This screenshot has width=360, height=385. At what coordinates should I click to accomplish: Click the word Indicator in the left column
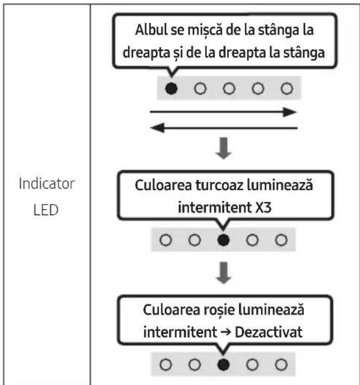[47, 184]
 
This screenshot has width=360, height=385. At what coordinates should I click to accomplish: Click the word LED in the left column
[46, 210]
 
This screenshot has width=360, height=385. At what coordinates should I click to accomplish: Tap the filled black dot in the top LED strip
[171, 89]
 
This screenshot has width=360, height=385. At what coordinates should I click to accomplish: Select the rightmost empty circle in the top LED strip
[287, 89]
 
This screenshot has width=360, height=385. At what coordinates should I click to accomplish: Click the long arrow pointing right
[223, 112]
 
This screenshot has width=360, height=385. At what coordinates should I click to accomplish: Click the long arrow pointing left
[224, 128]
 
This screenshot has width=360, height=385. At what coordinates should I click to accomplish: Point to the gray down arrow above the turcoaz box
[223, 148]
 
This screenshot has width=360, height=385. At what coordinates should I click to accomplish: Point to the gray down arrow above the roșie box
[223, 273]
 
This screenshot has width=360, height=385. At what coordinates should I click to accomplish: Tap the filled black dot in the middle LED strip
[223, 240]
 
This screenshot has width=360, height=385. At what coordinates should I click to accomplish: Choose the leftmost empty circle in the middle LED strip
[165, 240]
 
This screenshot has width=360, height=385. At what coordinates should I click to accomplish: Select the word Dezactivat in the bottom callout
[268, 332]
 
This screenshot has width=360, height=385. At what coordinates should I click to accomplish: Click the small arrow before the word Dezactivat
[226, 333]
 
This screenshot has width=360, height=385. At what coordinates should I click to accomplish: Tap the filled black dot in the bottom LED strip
[223, 365]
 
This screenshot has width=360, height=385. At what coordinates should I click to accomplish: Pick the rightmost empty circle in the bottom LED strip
[281, 365]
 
